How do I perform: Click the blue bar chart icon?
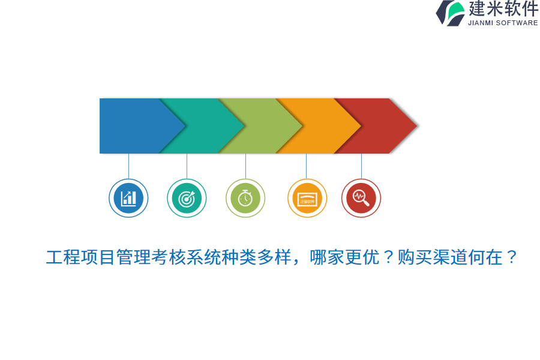click(128, 198)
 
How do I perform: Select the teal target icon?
click(187, 198)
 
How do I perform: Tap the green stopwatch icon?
click(245, 198)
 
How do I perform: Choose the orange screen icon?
click(307, 198)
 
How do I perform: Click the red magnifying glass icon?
click(361, 198)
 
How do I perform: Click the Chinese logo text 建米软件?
click(503, 9)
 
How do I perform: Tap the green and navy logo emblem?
click(450, 13)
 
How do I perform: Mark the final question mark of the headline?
click(511, 257)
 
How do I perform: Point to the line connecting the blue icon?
click(128, 166)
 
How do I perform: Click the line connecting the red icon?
click(361, 166)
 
